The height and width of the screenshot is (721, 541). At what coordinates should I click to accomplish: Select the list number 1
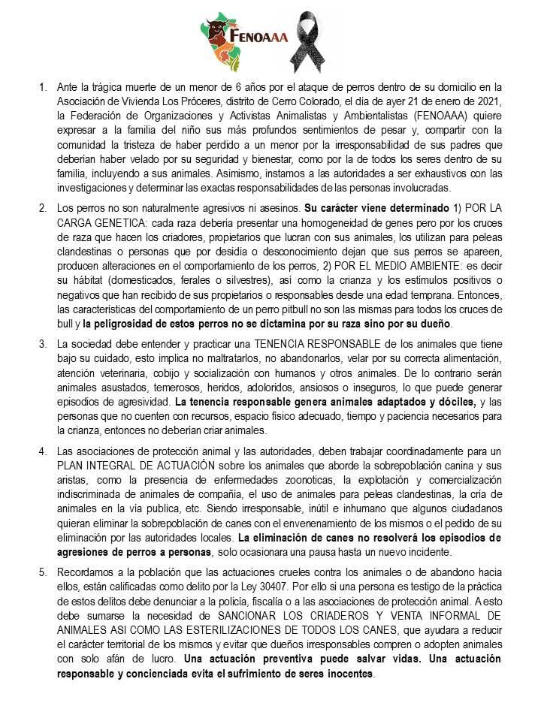coord(42,88)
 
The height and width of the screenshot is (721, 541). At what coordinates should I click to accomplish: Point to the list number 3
coord(42,344)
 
